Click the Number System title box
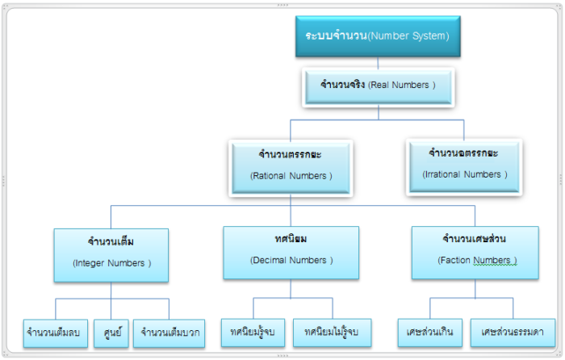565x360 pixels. tap(377, 36)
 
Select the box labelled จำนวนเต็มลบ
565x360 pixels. tap(56, 332)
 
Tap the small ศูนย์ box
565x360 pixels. tap(111, 332)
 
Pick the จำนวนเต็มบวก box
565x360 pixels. tap(170, 332)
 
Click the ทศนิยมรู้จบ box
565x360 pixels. tap(253, 332)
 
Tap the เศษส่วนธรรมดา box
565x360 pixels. tap(512, 332)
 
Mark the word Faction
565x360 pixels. tap(454, 261)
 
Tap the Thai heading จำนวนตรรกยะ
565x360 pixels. tap(291, 153)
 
